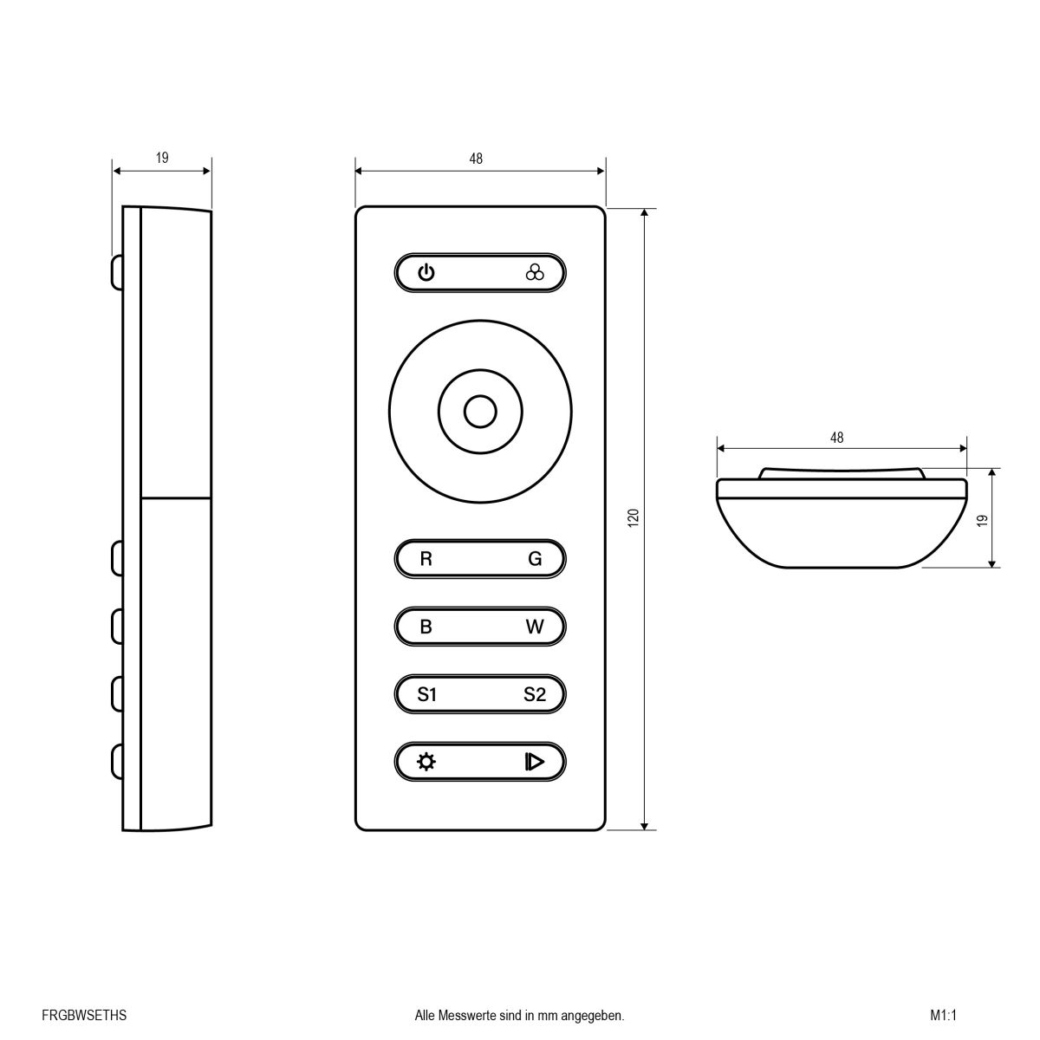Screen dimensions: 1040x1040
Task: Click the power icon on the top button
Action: point(426,273)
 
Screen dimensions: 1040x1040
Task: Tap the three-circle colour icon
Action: point(535,273)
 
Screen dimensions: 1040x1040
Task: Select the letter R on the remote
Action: point(426,559)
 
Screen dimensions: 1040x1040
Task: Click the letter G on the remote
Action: point(535,559)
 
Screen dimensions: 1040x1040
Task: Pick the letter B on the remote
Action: point(426,627)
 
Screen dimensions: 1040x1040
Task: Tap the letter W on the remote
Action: point(535,627)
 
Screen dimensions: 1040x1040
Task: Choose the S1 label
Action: point(426,694)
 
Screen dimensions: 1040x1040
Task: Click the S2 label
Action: point(535,694)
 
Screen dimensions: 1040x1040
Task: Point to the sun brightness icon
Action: point(426,762)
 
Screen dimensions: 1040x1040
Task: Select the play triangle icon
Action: point(535,762)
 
